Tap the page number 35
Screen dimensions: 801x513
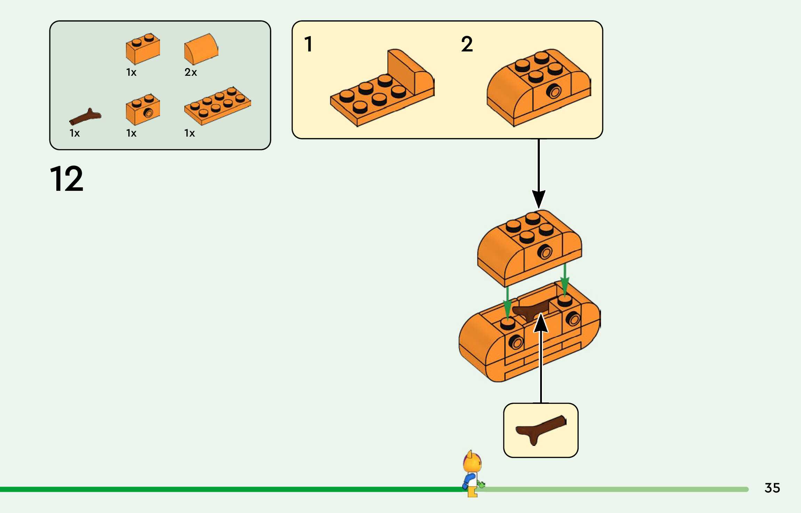coord(772,488)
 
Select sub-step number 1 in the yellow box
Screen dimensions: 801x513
coord(308,44)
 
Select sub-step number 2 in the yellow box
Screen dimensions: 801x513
coord(467,44)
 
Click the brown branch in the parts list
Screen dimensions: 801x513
coord(85,117)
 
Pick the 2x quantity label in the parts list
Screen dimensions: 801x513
coord(191,72)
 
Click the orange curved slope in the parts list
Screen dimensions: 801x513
coord(201,49)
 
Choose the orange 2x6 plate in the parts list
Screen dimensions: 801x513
coord(217,106)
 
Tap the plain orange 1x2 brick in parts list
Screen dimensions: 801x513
coord(143,49)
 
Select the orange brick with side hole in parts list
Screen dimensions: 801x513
coord(143,109)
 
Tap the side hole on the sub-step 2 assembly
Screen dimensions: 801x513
coord(553,92)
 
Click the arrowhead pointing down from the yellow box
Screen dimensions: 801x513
coord(538,199)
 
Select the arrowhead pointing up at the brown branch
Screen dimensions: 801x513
coord(541,323)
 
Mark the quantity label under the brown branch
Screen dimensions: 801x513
coord(74,133)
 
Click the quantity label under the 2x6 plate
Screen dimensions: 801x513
coord(189,133)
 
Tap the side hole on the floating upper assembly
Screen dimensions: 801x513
coord(544,252)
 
